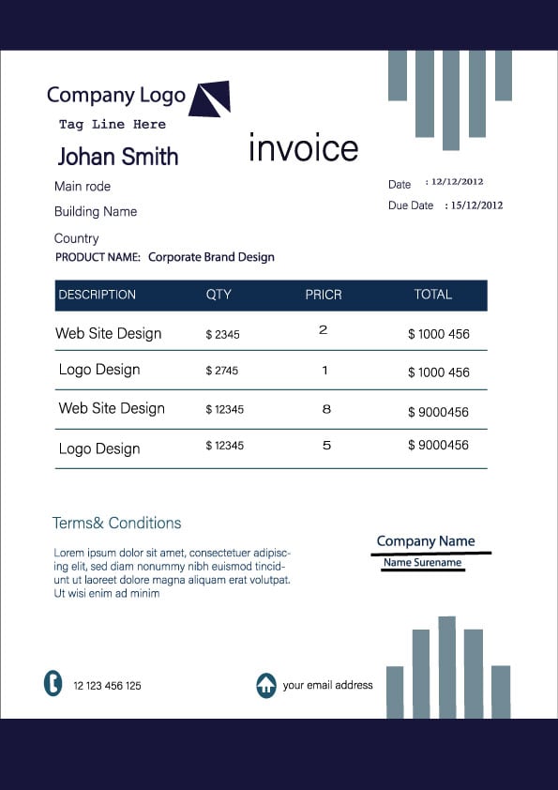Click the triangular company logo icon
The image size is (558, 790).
click(x=211, y=99)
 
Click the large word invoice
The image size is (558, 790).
click(x=303, y=148)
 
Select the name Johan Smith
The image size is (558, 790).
click(x=117, y=156)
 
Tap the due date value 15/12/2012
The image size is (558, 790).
click(x=476, y=205)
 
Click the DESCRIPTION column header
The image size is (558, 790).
click(x=98, y=295)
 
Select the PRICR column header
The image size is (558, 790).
click(x=324, y=295)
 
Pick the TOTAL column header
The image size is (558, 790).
click(x=433, y=295)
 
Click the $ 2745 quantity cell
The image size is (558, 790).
click(x=222, y=371)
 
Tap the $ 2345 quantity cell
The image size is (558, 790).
click(x=222, y=334)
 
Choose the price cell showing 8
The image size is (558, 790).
click(x=326, y=409)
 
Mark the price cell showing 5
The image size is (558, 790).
click(x=326, y=446)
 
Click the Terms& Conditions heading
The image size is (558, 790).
click(x=117, y=523)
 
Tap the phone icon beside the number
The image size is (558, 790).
click(x=53, y=683)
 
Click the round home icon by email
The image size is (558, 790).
click(x=266, y=685)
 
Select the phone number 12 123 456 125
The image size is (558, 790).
click(x=108, y=686)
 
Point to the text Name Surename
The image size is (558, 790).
click(x=423, y=563)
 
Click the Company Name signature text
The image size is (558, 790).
click(x=426, y=541)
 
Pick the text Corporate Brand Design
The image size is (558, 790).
click(x=211, y=257)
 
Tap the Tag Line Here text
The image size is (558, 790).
click(x=113, y=125)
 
